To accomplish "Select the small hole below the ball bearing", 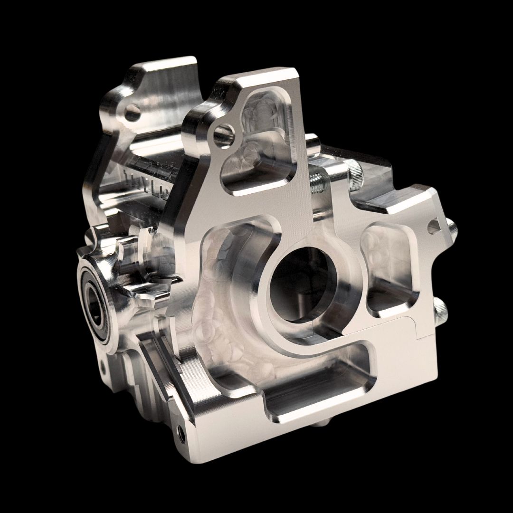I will pyautogui.click(x=102, y=366).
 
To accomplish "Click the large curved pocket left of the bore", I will pyautogui.click(x=228, y=304).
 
